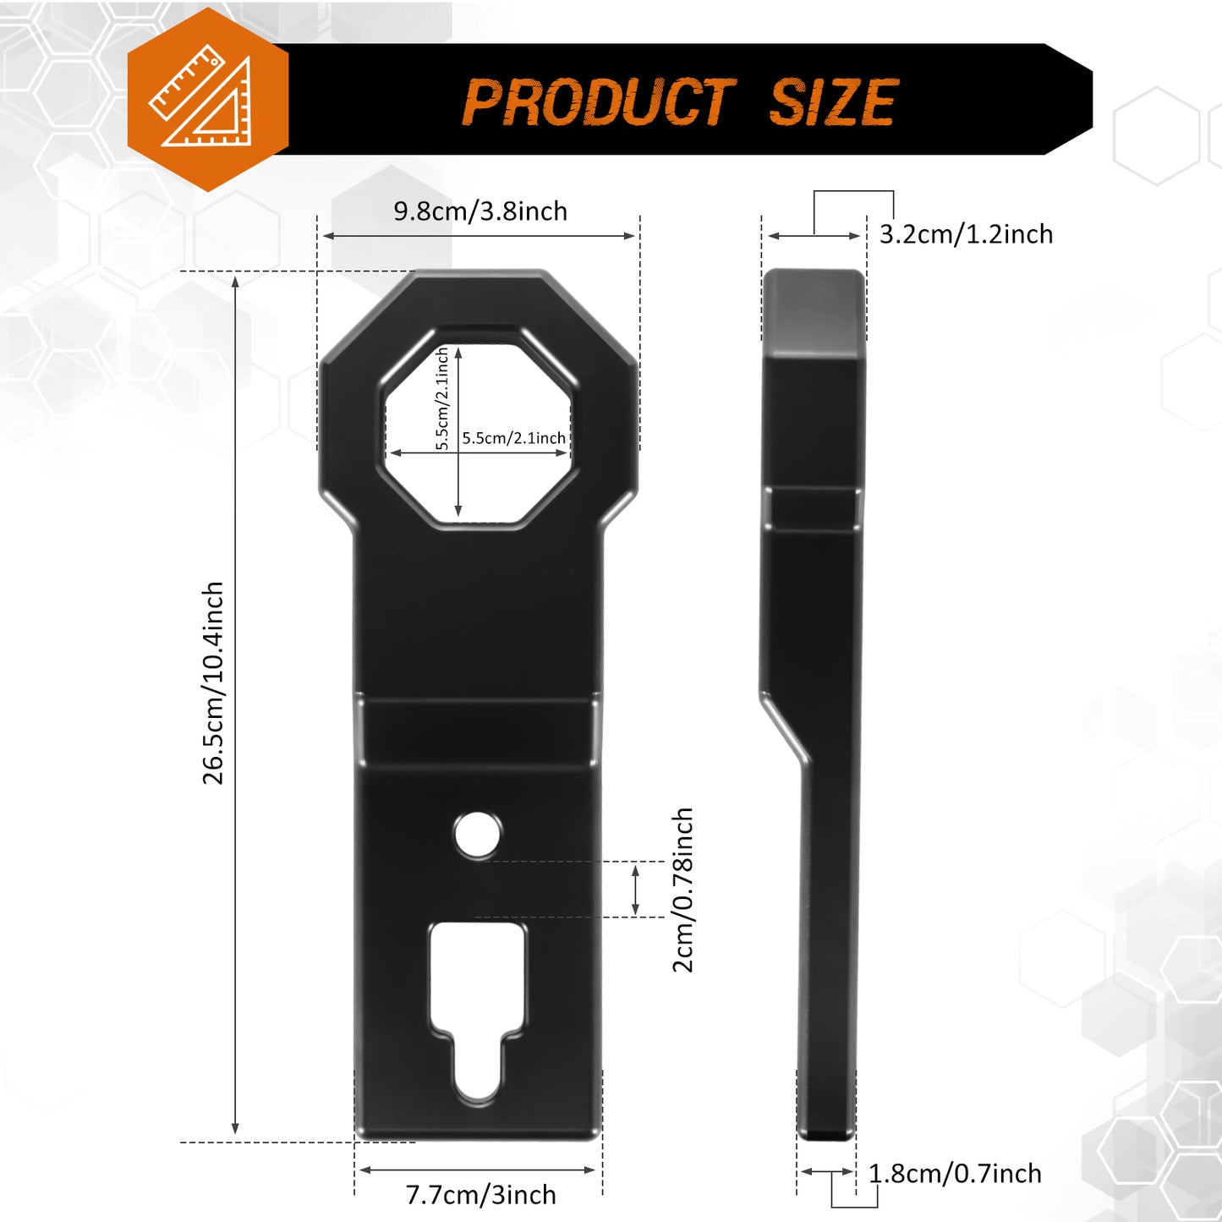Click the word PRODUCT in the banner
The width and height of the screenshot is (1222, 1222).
(x=599, y=102)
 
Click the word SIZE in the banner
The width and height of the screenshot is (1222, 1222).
(x=832, y=102)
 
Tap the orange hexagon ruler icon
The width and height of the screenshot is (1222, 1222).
(x=207, y=101)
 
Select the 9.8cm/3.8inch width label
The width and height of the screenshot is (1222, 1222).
(x=480, y=211)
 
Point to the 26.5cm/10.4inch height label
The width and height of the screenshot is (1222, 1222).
(x=213, y=682)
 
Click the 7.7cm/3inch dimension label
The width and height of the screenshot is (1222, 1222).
(x=480, y=1195)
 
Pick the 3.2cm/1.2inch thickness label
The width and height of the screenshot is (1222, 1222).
(x=966, y=234)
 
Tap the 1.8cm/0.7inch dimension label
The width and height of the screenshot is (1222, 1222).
(x=955, y=1174)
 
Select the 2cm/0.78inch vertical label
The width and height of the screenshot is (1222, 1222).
(x=683, y=890)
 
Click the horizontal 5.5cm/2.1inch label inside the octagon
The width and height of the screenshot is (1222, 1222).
(x=513, y=438)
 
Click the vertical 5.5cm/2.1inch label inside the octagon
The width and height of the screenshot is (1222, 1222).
(x=442, y=399)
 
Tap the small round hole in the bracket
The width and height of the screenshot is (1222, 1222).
(x=477, y=835)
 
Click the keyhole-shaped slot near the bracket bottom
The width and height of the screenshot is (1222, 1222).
(x=478, y=1006)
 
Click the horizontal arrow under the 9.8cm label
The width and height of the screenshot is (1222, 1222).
(x=479, y=236)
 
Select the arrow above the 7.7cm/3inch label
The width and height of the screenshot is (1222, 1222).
(x=478, y=1170)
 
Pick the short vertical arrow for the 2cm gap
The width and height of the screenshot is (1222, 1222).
(x=636, y=889)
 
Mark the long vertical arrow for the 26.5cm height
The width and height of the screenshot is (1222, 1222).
(x=235, y=705)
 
